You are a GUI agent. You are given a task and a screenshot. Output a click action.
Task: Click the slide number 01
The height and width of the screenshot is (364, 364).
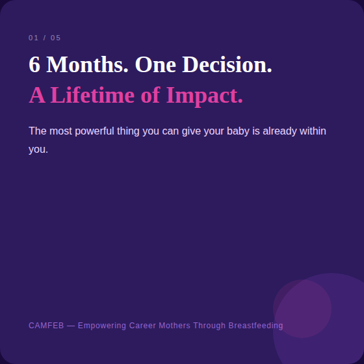coord(33,38)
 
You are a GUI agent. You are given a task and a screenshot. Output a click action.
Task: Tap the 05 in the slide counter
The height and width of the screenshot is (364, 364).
coord(55,38)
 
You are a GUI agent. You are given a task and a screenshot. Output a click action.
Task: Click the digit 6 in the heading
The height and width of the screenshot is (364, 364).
coord(34,65)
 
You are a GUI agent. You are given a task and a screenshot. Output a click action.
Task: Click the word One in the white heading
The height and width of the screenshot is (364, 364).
coord(155,65)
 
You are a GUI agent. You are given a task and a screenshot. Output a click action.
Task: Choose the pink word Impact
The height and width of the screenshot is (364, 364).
coord(204,96)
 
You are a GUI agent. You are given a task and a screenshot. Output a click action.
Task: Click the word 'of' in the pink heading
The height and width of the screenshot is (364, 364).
coord(150,96)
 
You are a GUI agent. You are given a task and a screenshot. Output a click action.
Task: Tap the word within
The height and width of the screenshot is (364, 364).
coord(313,131)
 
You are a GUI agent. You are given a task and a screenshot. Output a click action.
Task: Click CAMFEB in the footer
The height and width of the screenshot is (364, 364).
coord(46,326)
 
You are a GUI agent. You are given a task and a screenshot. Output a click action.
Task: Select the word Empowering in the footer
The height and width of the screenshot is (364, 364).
coord(101,326)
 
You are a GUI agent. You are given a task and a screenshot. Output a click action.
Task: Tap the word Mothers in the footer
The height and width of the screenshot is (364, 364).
coord(175,326)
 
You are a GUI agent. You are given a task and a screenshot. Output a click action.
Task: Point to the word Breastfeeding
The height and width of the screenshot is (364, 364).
coord(255,326)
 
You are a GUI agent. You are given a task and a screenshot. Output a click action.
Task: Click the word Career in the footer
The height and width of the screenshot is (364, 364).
coord(142,326)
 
